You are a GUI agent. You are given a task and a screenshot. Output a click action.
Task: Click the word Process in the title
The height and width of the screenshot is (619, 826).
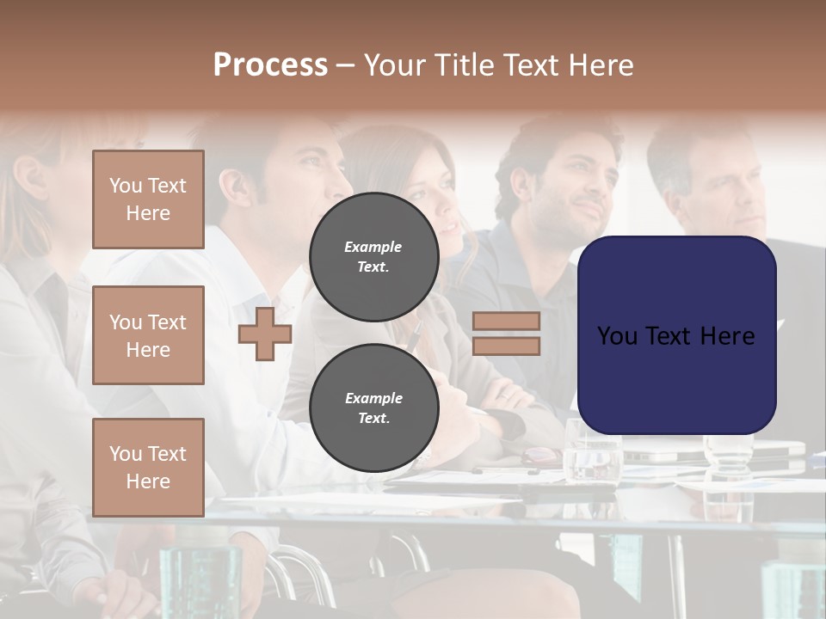click(x=270, y=64)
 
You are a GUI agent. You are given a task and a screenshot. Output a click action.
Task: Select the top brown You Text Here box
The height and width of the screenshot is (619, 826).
click(x=148, y=199)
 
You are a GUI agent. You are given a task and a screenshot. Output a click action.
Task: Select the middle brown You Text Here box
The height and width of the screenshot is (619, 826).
click(x=148, y=335)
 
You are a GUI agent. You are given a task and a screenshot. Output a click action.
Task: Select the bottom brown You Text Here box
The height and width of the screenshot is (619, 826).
click(x=148, y=467)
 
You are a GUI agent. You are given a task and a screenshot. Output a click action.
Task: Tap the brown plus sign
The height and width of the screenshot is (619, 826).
click(x=265, y=334)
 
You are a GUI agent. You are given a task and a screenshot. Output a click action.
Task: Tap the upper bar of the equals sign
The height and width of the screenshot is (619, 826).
click(x=507, y=321)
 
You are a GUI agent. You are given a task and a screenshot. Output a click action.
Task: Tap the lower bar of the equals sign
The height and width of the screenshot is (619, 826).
click(x=507, y=346)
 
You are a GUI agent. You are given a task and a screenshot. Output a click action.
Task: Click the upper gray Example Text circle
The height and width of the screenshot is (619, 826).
click(x=373, y=256)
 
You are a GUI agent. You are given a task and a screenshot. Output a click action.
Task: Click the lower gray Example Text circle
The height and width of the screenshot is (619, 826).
click(x=373, y=408)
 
